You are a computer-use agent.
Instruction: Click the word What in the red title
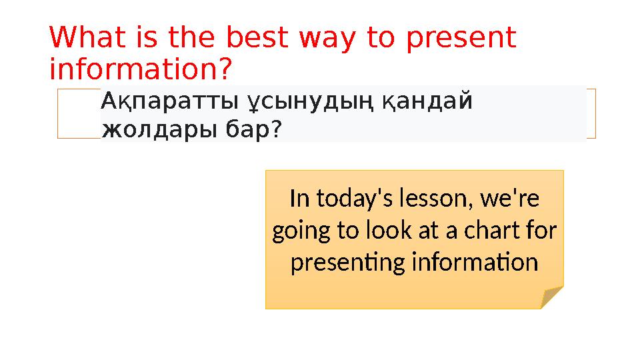87,37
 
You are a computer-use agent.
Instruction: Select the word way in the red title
327,40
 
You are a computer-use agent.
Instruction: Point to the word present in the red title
461,40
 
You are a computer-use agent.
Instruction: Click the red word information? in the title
141,69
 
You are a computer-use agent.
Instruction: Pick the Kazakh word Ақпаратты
169,101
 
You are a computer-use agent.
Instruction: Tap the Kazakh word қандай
427,101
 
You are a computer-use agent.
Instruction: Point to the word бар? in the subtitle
253,129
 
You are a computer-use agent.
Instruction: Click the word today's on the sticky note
355,199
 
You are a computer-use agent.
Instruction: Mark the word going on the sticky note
301,231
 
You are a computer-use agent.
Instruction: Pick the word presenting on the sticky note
347,263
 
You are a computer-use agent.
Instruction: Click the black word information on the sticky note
475,261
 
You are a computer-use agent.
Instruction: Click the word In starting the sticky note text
299,199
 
